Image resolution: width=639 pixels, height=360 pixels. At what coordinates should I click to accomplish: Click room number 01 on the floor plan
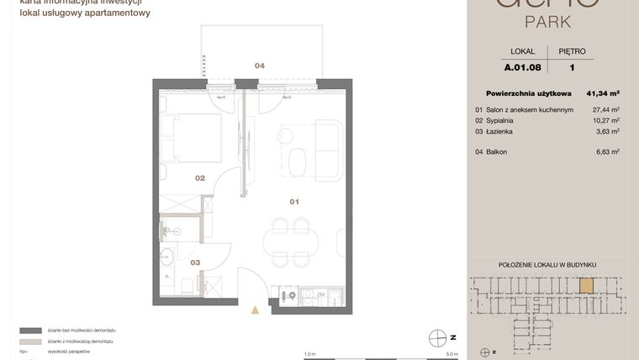point(294,202)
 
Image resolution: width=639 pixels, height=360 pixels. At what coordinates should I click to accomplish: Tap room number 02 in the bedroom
point(200,178)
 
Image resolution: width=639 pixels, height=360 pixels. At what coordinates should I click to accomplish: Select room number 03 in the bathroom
point(195,262)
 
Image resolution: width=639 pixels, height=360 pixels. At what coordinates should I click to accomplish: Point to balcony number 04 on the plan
point(260,66)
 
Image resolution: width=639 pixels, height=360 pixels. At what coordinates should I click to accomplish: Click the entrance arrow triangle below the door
point(256,310)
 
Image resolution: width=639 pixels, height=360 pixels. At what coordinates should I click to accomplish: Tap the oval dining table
point(290,243)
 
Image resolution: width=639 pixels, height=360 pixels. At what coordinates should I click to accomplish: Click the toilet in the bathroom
point(187,287)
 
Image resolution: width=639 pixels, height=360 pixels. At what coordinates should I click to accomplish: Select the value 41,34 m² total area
point(603,93)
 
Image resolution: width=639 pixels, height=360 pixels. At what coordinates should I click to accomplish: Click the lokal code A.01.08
point(522,67)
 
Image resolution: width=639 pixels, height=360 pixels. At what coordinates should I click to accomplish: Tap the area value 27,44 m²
point(605,109)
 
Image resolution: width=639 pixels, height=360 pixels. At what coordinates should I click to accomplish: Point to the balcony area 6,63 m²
point(607,151)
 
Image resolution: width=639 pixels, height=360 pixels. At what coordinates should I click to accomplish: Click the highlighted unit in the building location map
point(585,286)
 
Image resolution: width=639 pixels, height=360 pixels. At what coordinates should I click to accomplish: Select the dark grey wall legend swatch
point(30,331)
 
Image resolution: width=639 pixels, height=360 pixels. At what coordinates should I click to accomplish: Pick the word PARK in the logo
point(547,20)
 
